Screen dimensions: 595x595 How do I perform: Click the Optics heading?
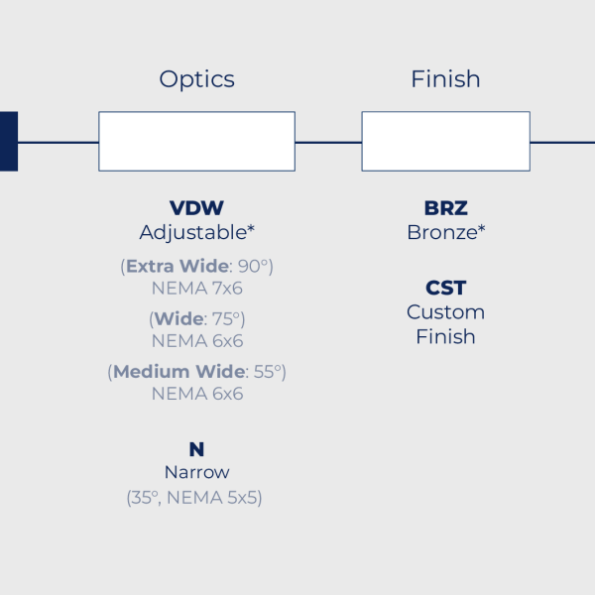click(196, 79)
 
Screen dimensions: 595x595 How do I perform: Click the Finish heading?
click(445, 79)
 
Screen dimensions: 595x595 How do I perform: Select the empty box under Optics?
click(196, 142)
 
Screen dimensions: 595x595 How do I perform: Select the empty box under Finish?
click(445, 142)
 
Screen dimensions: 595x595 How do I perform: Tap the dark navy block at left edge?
click(8, 142)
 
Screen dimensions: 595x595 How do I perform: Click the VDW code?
click(196, 208)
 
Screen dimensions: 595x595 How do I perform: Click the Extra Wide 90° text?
click(196, 266)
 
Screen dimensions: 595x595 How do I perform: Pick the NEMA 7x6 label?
click(196, 289)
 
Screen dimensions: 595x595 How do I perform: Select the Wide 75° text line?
click(196, 318)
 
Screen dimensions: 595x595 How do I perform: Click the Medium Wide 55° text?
click(196, 371)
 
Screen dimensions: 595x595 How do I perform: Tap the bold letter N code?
click(196, 449)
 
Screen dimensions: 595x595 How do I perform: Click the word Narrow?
click(196, 473)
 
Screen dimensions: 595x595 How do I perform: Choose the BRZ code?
click(445, 208)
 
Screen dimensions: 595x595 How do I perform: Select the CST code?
click(445, 288)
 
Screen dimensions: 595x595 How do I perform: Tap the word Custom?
click(445, 312)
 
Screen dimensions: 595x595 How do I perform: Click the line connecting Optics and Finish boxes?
click(328, 142)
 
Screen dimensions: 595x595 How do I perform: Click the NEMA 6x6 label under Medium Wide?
click(196, 394)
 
